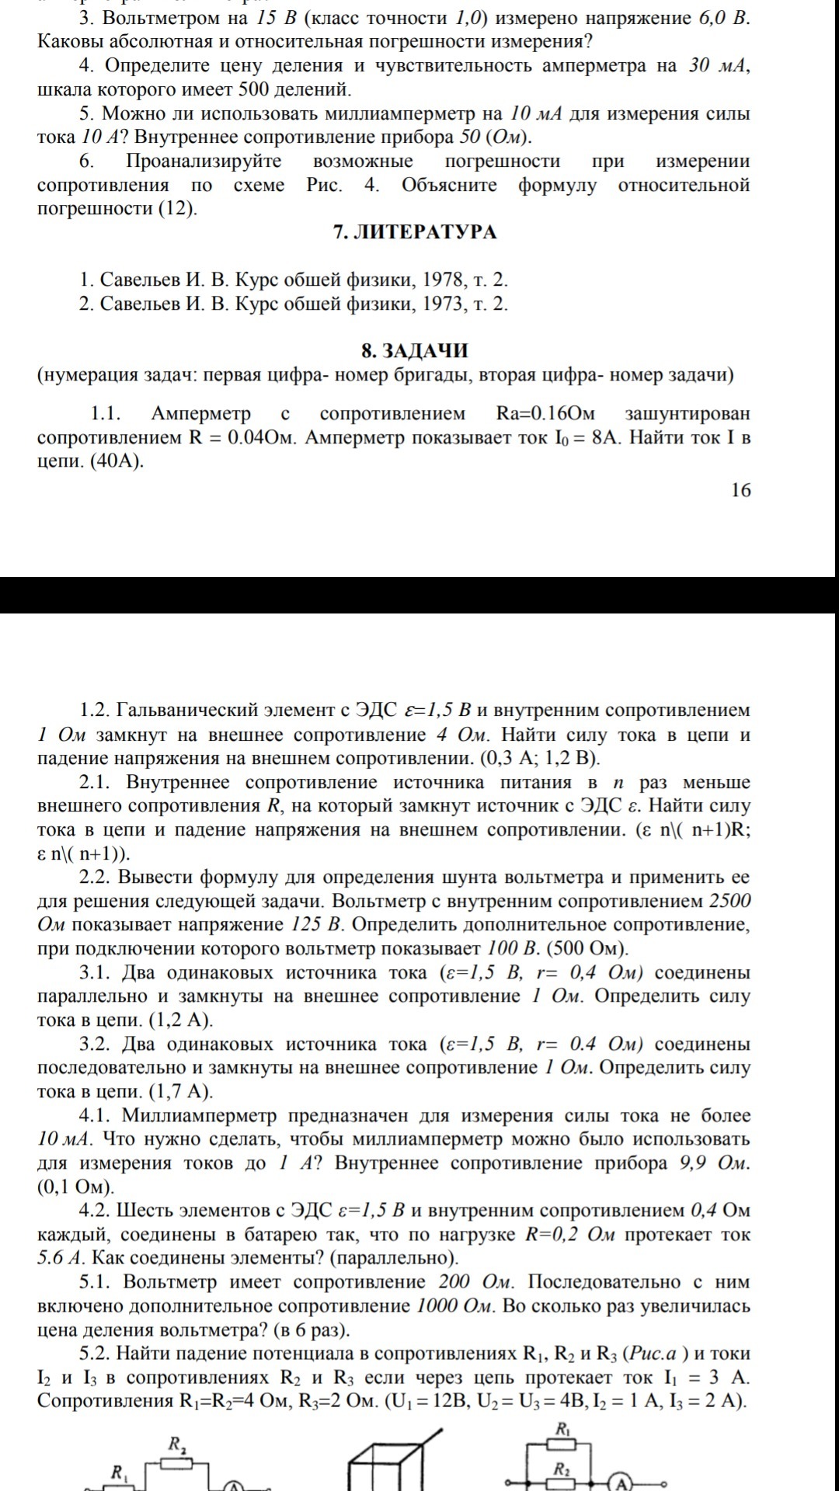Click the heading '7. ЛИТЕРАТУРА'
click(x=415, y=232)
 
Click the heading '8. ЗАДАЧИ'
click(x=415, y=351)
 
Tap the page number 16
click(x=741, y=490)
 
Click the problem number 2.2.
click(x=96, y=878)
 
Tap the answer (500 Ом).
click(x=587, y=949)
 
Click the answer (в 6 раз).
click(x=312, y=1329)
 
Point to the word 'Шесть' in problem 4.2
click(x=144, y=1211)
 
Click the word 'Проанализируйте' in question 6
click(x=204, y=162)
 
